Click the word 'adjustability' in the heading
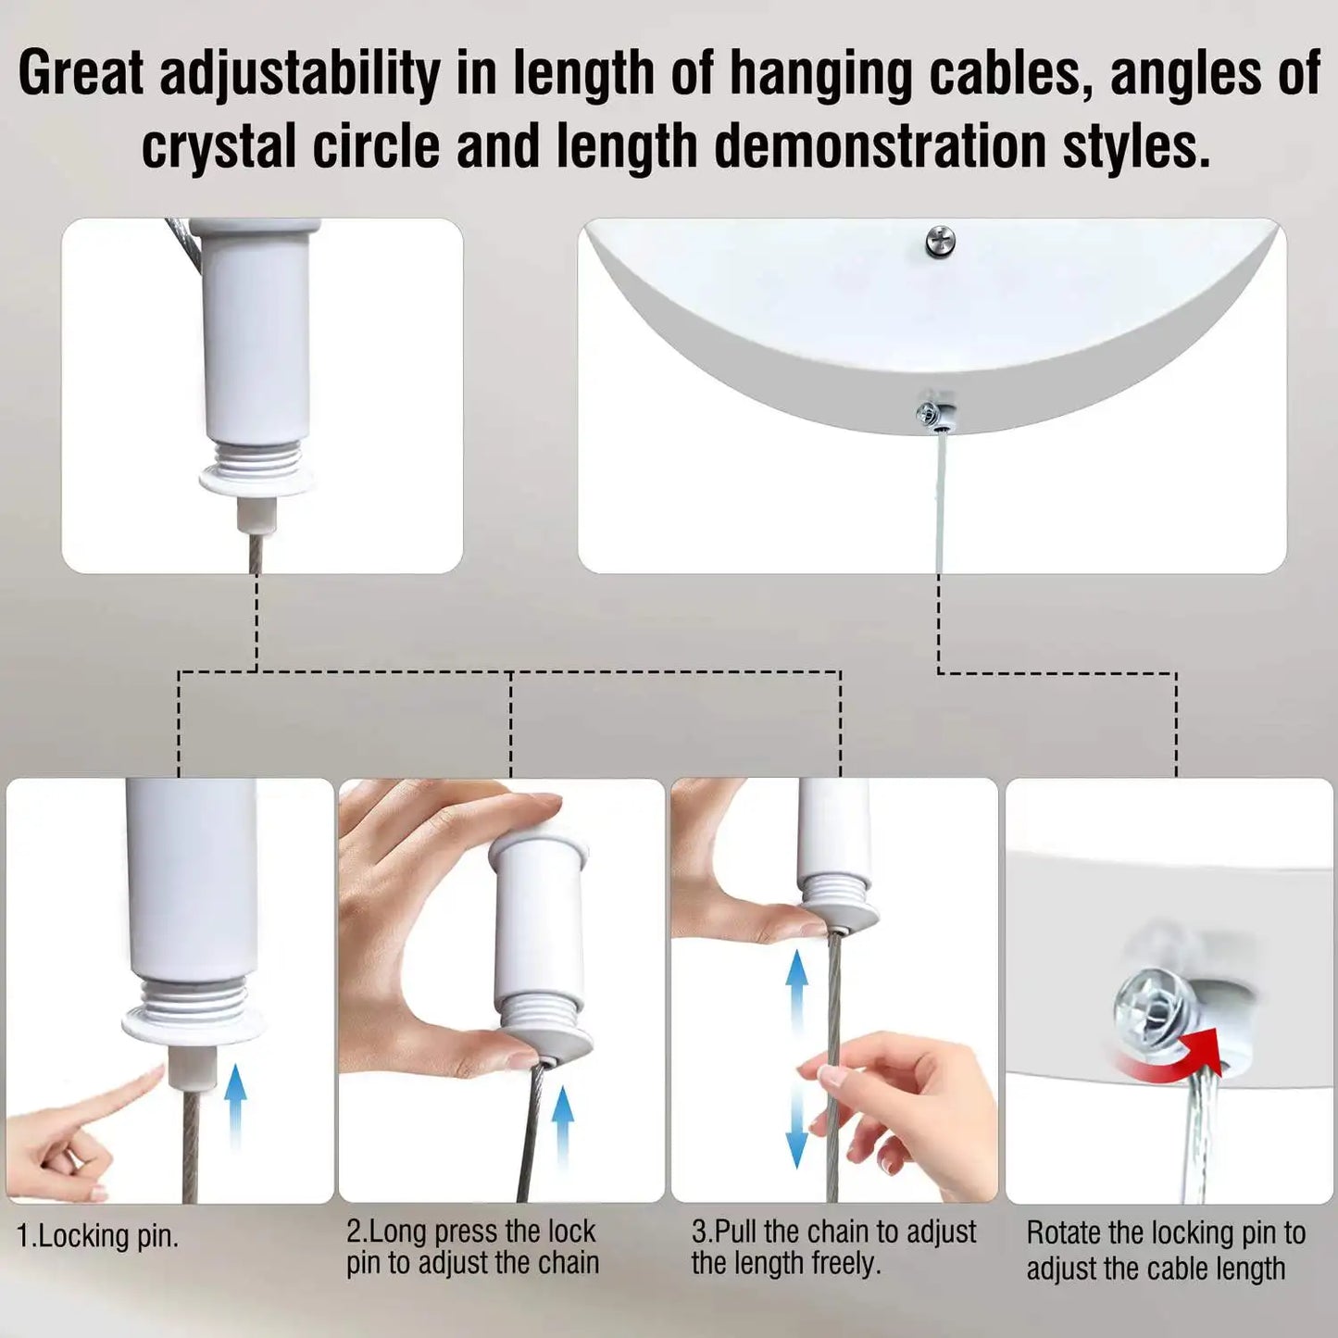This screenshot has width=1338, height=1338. [x=299, y=75]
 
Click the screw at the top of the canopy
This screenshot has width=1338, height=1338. [x=941, y=241]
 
